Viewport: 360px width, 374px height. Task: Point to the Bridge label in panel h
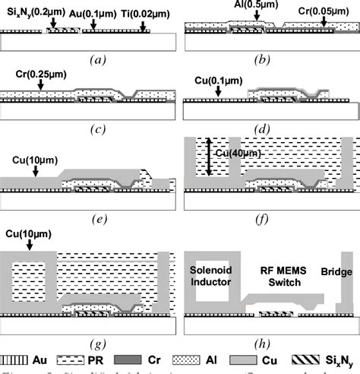point(336,271)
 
